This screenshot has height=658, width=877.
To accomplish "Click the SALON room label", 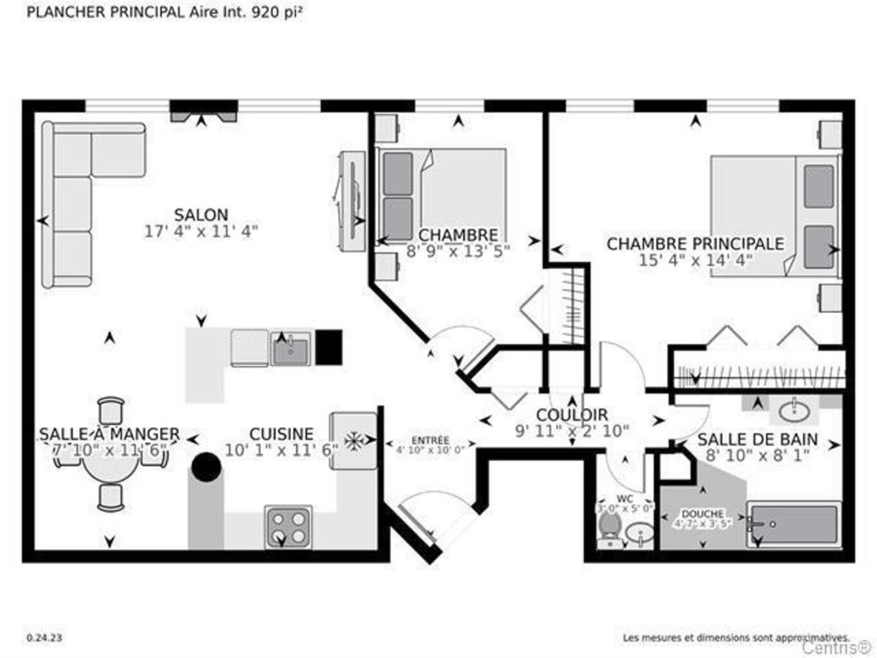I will [201, 215].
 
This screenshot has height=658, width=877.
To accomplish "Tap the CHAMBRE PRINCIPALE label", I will [695, 243].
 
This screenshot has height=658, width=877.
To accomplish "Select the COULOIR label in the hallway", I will [572, 415].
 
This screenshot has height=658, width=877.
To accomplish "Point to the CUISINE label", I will [281, 434].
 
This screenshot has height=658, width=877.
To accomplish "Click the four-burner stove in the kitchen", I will [287, 526].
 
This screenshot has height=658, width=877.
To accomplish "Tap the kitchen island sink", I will [291, 348].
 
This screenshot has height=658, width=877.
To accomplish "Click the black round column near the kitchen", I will [207, 466].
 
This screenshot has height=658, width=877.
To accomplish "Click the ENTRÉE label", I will [430, 440].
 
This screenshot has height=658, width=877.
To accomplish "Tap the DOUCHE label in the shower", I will [702, 514].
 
